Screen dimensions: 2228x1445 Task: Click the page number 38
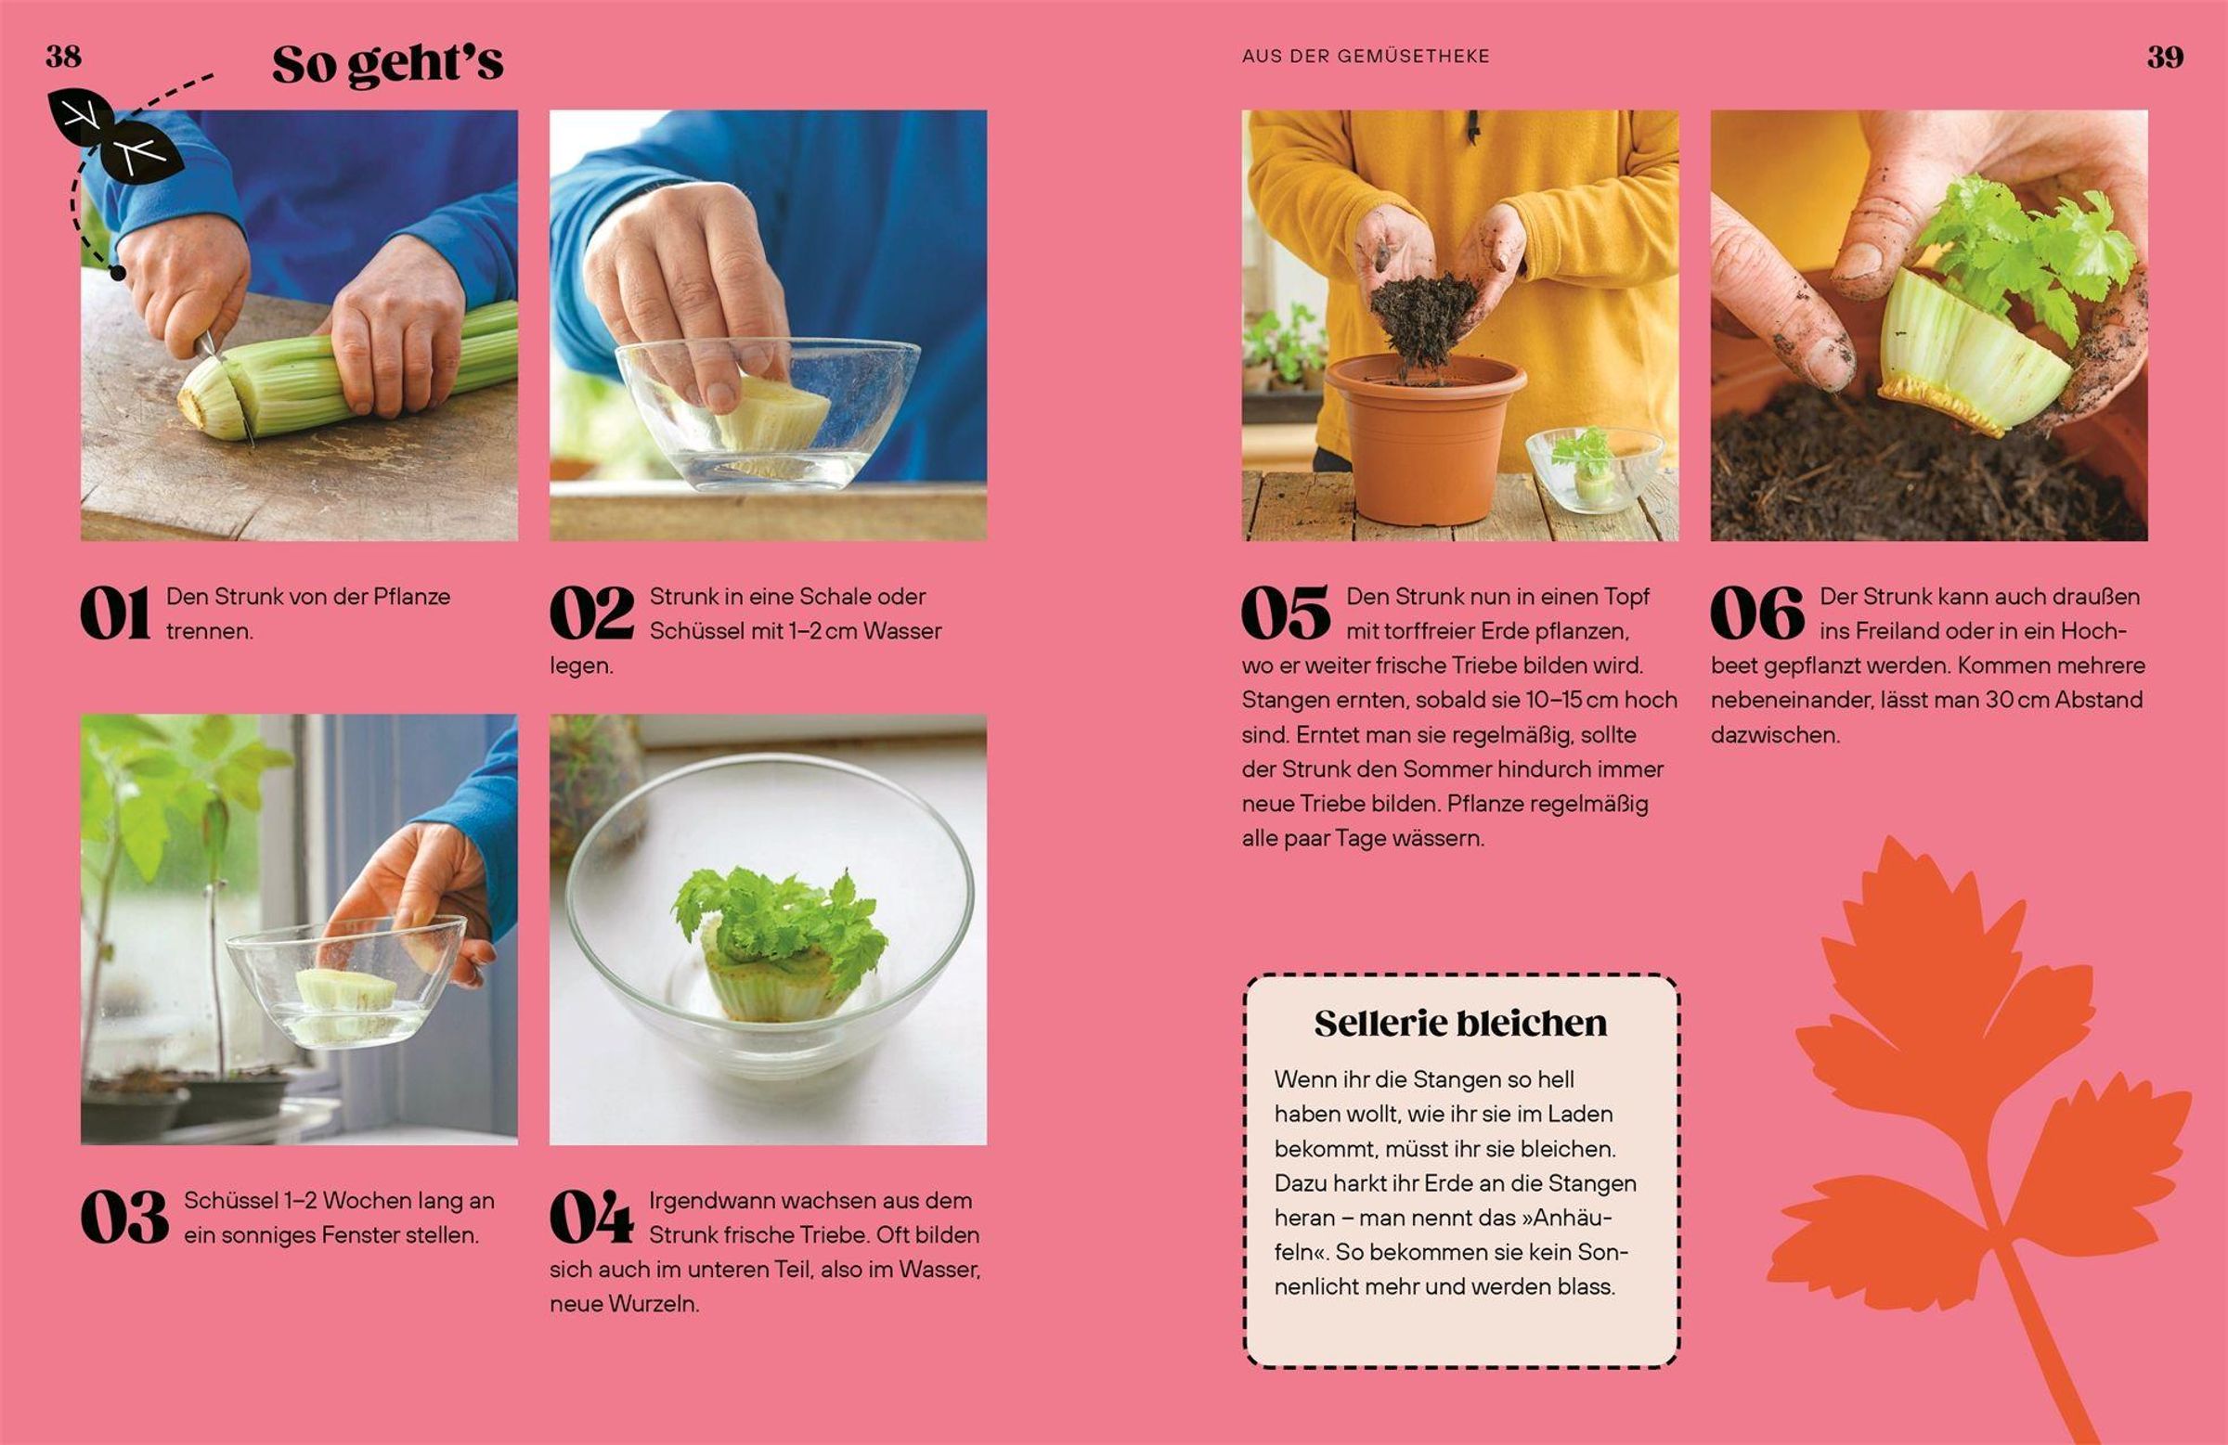point(64,57)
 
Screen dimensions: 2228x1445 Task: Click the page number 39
point(2165,58)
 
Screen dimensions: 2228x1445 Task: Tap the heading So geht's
point(387,65)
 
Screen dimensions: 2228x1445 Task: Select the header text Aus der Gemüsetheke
point(1366,57)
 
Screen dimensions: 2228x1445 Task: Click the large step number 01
point(115,614)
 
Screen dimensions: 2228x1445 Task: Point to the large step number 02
point(591,614)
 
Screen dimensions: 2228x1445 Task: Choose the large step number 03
point(124,1218)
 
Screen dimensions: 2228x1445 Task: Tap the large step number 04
point(591,1218)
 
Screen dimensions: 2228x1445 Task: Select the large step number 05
point(1287,614)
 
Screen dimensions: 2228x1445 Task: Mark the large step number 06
point(1757,614)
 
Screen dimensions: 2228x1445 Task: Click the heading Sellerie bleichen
point(1460,1023)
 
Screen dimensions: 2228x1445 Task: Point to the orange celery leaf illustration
point(1975,1114)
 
